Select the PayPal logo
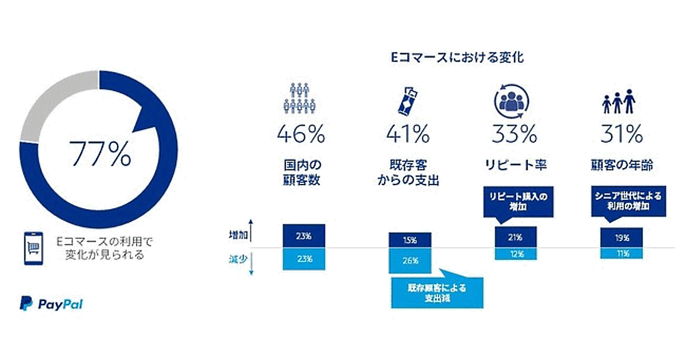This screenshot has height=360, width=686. click(x=51, y=304)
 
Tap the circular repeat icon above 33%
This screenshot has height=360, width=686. click(x=513, y=101)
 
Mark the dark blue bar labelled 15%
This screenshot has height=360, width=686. click(x=409, y=240)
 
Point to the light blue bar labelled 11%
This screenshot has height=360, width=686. click(x=622, y=253)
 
